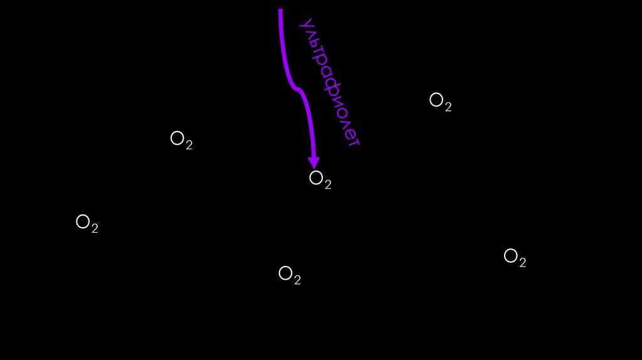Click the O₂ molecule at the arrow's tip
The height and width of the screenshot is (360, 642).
pos(320,180)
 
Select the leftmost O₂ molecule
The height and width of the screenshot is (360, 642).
pos(87,223)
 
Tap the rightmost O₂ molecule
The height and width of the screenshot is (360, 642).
pos(515,258)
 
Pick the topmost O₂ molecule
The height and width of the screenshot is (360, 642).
pos(440,102)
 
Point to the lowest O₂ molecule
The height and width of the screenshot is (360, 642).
pos(289,275)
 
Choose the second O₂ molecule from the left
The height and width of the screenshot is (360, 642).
pos(181,140)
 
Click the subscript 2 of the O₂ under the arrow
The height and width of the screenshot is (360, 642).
pos(327,184)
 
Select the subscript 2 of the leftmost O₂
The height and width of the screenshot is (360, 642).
pos(95,228)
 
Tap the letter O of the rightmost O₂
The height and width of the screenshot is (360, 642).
pos(510,255)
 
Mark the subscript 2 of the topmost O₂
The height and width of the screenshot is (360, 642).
pos(448,107)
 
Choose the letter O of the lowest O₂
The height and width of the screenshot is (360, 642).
pos(285,273)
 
